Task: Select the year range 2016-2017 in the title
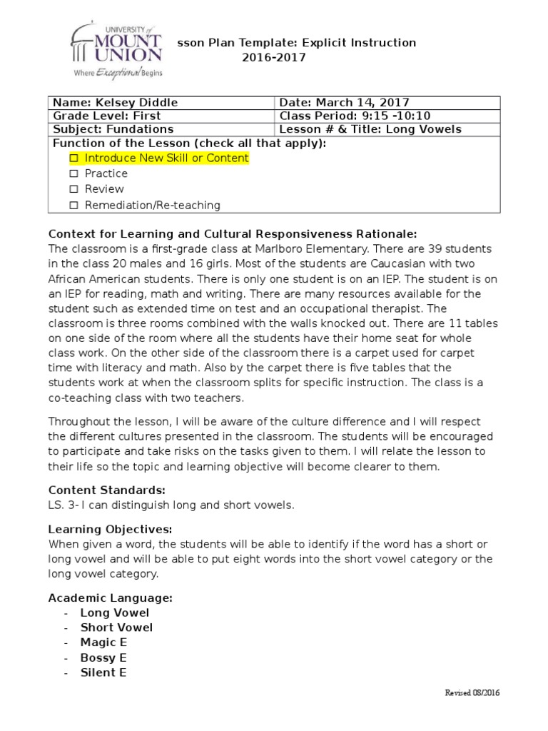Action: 273,58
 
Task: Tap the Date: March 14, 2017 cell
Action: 344,103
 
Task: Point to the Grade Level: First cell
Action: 107,116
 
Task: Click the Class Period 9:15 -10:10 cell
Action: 355,116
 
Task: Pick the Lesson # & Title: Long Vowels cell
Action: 370,129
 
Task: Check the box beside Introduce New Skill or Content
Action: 73,158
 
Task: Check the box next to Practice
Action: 73,173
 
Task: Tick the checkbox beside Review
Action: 73,189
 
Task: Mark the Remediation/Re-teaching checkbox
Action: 73,206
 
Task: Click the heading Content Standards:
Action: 106,490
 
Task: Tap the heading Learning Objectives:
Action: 110,529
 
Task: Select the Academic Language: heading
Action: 110,598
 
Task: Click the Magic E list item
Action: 103,642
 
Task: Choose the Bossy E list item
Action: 103,657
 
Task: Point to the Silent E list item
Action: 103,672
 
